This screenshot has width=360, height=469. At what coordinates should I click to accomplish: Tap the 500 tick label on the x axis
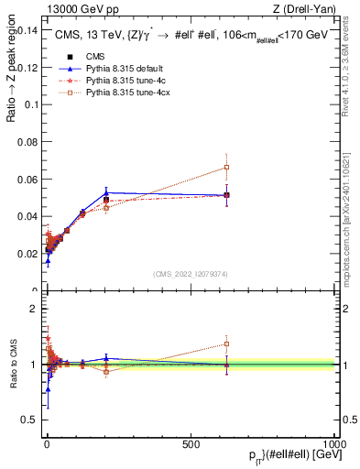pyautogui.click(x=191, y=443)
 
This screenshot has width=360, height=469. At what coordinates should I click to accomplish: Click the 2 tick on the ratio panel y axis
pyautogui.click(x=34, y=309)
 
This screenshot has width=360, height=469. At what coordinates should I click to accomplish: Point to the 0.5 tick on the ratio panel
pyautogui.click(x=29, y=420)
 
